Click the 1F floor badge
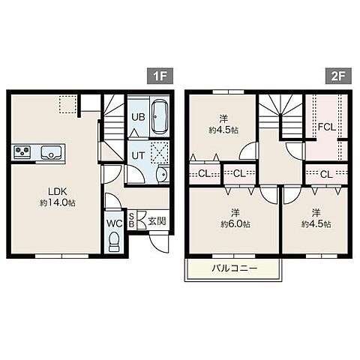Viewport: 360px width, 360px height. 160,76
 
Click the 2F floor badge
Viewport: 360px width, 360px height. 338,76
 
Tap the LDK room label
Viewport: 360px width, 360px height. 57,191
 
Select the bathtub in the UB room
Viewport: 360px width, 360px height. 160,117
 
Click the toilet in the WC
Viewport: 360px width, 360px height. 114,241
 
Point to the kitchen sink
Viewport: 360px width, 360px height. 51,152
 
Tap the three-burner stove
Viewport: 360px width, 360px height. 22,151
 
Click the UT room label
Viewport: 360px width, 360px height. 138,155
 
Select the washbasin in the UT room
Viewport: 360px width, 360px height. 163,174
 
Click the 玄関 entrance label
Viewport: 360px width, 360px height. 157,221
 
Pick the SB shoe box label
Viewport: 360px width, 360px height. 131,220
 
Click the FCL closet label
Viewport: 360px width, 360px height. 326,127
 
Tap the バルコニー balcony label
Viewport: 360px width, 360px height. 234,268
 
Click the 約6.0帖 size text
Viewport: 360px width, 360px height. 235,224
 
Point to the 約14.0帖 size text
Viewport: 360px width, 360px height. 58,202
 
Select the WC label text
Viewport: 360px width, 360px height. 115,223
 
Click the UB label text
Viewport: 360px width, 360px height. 138,117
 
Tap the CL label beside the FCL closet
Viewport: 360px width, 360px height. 326,174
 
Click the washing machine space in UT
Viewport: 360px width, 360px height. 160,151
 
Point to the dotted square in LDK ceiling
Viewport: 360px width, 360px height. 67,105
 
